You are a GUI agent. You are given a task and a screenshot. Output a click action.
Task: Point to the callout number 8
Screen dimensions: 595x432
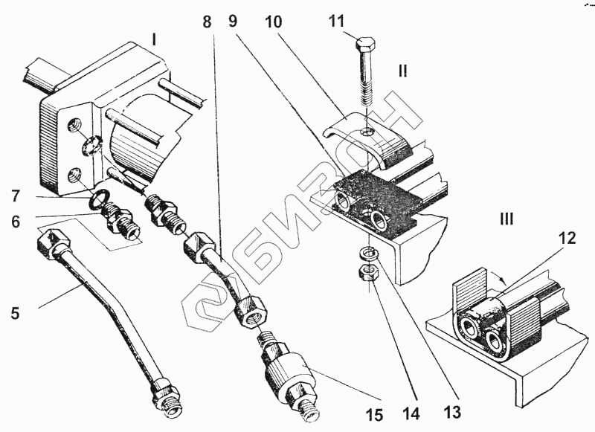(x=208, y=22)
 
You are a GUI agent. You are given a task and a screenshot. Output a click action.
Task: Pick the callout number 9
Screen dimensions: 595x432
(x=233, y=22)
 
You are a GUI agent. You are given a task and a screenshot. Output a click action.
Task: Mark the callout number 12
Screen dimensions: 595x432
(x=567, y=239)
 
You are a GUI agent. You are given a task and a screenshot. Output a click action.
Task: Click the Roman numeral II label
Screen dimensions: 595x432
(x=402, y=71)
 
